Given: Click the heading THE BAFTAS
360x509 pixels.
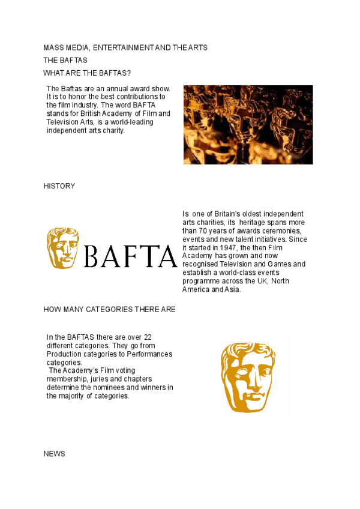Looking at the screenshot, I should (x=65, y=61).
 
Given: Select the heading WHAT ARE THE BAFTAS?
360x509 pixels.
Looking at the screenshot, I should (x=87, y=73).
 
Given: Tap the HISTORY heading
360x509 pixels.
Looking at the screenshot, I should (x=59, y=186).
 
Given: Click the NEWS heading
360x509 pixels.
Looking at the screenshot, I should (x=54, y=454).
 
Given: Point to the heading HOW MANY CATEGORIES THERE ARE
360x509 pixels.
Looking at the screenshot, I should (x=109, y=310).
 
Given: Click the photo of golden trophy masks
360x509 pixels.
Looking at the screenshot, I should (x=248, y=124).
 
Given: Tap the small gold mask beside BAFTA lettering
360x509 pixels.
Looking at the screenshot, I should (x=63, y=248).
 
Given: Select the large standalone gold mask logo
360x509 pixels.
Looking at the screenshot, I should (x=247, y=377).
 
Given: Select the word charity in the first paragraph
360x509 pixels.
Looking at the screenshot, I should (x=113, y=130).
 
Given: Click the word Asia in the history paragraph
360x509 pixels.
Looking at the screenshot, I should (x=232, y=289).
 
